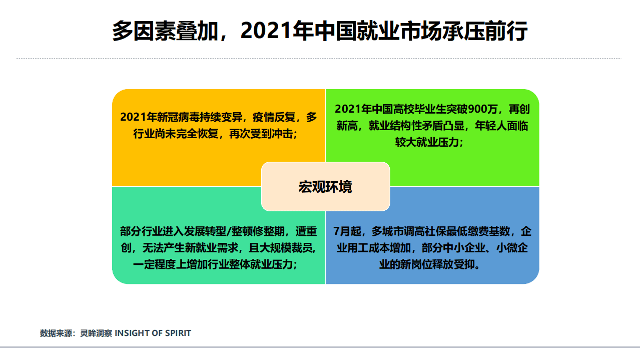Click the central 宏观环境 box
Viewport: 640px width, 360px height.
325,186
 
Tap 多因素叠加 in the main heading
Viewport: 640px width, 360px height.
166,31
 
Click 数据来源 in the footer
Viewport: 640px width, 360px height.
56,333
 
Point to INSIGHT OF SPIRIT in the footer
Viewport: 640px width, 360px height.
153,333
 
